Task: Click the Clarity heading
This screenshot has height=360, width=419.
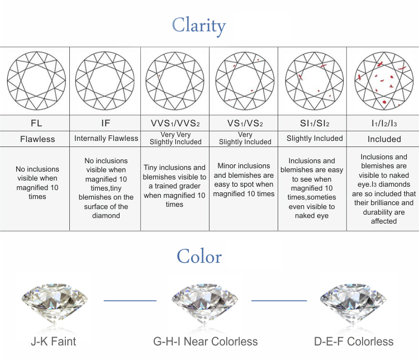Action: (x=199, y=25)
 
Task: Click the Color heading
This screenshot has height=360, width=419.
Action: (x=199, y=256)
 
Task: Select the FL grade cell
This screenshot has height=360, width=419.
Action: (x=36, y=122)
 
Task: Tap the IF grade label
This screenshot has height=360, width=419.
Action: (x=105, y=122)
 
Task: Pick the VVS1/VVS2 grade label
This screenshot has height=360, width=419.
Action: (x=174, y=122)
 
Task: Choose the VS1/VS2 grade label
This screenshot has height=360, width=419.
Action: (x=244, y=122)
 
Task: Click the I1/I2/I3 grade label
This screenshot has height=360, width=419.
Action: (x=383, y=122)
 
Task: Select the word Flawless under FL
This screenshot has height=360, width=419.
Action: (x=36, y=139)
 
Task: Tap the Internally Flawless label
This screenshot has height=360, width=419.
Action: (x=106, y=138)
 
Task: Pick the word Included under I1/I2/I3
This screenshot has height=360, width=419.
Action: (x=384, y=139)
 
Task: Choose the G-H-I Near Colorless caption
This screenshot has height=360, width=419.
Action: (x=205, y=341)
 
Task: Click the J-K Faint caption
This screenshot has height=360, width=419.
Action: (x=53, y=341)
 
